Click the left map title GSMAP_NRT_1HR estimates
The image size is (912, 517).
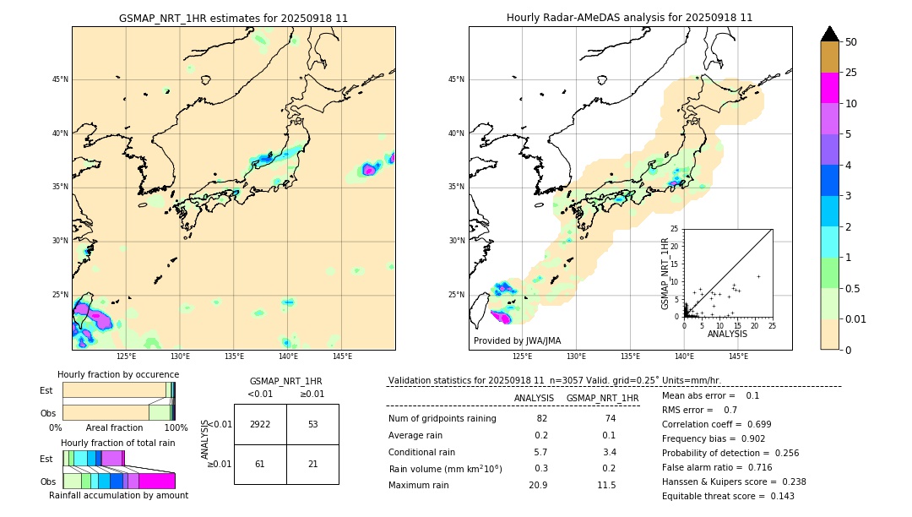click(x=233, y=18)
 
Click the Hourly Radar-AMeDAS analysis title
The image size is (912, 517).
click(x=629, y=18)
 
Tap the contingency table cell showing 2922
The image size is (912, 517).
click(x=260, y=424)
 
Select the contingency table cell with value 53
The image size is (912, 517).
click(x=312, y=424)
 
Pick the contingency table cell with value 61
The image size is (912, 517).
click(x=260, y=464)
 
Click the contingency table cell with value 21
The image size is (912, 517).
click(x=312, y=464)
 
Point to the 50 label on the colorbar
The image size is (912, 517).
click(x=851, y=42)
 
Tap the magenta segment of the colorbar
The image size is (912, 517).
click(x=829, y=88)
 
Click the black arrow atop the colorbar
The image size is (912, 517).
click(x=829, y=34)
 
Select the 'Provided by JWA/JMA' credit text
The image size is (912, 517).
click(x=517, y=340)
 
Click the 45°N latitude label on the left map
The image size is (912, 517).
click(x=60, y=79)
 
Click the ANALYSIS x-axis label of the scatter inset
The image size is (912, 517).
click(x=727, y=335)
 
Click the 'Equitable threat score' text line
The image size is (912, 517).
click(x=728, y=496)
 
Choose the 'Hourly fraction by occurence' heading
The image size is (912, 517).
click(x=118, y=374)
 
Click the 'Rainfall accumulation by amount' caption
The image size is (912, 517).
click(x=117, y=496)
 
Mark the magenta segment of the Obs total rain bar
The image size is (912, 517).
click(x=157, y=481)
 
